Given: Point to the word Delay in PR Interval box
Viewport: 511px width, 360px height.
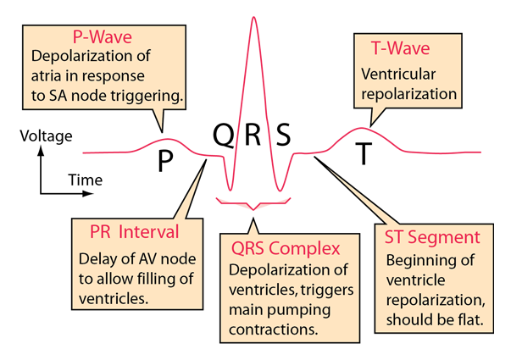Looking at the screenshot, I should click(x=97, y=259).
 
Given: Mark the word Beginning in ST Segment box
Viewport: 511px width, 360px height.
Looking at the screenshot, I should click(x=420, y=261).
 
